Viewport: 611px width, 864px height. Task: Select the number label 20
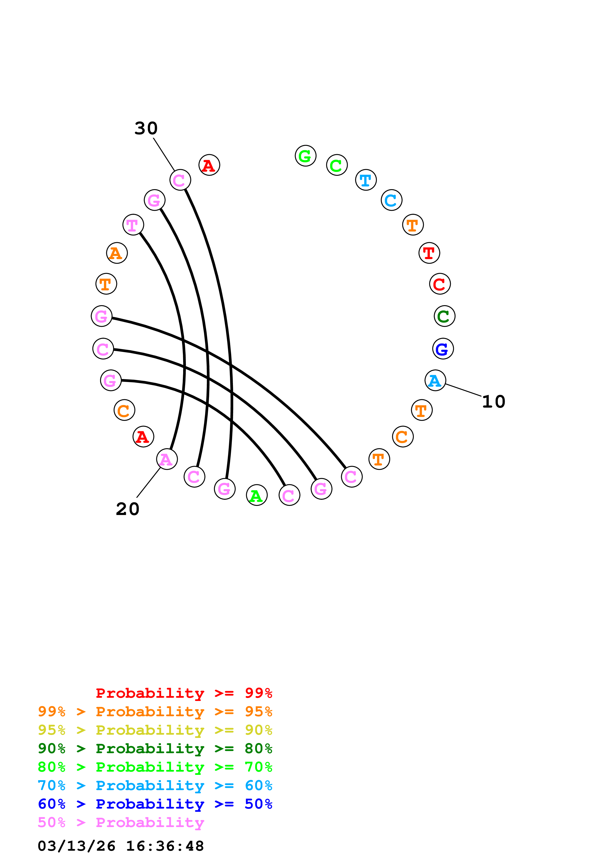click(x=128, y=509)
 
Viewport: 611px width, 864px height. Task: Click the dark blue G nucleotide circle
click(x=443, y=349)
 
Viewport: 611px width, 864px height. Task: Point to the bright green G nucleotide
click(x=305, y=156)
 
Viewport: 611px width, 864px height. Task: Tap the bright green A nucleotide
click(x=257, y=495)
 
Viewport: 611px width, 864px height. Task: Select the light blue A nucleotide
click(x=435, y=381)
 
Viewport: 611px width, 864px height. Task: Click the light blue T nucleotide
click(x=366, y=180)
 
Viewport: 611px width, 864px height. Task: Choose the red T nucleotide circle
click(x=429, y=253)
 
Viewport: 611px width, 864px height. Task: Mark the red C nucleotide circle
click(x=440, y=284)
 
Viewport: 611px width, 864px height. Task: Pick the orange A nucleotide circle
click(x=117, y=253)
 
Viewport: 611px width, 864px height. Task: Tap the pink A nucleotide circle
click(x=167, y=459)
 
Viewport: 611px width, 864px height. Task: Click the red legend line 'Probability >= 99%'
click(x=184, y=693)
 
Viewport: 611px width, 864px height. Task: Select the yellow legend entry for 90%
click(x=155, y=731)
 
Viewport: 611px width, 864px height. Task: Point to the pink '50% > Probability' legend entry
click(x=121, y=823)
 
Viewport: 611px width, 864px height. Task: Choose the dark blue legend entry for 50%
click(x=155, y=804)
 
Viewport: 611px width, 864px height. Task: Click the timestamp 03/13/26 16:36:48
click(x=121, y=846)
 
